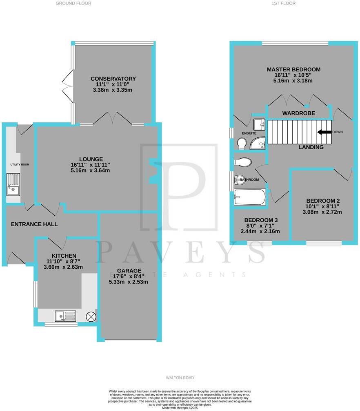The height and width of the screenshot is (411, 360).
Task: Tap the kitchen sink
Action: [x=65, y=316]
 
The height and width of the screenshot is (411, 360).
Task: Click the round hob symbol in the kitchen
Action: [x=91, y=316]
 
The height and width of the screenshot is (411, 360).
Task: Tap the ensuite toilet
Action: [x=242, y=143]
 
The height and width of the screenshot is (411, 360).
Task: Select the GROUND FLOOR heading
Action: [x=73, y=3]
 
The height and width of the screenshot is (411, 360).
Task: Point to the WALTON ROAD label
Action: [x=180, y=378]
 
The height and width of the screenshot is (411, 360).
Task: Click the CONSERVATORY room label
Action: [x=113, y=79]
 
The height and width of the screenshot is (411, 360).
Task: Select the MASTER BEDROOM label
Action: [x=293, y=69]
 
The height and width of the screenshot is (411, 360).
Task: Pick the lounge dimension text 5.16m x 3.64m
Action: [x=90, y=170]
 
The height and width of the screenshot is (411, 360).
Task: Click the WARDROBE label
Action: [x=297, y=113]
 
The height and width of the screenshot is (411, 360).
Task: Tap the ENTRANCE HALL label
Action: [x=34, y=224]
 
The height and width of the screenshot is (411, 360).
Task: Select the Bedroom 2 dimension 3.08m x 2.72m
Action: [x=323, y=212]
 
